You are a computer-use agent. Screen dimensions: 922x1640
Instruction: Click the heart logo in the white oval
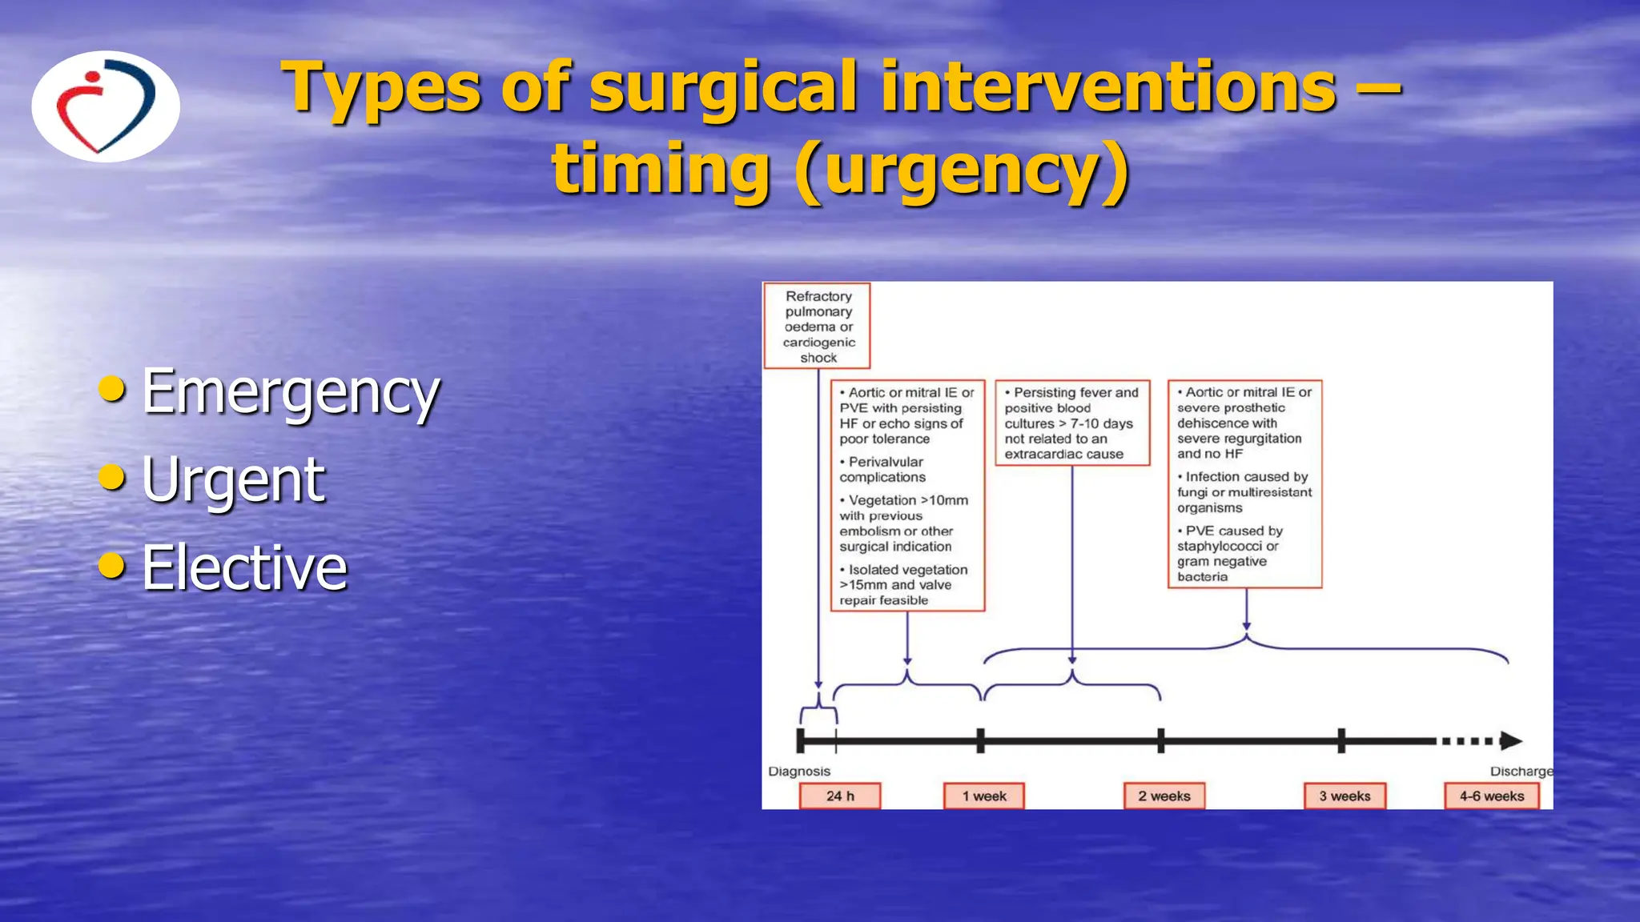click(x=105, y=106)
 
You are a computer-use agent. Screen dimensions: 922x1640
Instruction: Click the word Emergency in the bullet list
click(x=290, y=392)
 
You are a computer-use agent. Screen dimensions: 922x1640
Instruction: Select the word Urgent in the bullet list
click(x=233, y=480)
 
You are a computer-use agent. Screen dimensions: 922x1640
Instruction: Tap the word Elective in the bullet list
click(x=244, y=568)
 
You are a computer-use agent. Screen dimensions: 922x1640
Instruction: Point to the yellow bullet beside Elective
click(x=112, y=565)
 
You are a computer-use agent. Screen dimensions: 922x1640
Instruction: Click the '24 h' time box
click(x=840, y=796)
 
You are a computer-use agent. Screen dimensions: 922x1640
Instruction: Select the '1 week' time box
click(x=984, y=796)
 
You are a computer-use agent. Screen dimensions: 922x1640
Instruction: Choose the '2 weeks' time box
click(x=1164, y=796)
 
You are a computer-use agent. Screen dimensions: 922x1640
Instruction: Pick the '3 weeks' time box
click(x=1345, y=796)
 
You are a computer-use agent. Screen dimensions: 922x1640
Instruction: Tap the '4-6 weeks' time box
click(x=1492, y=796)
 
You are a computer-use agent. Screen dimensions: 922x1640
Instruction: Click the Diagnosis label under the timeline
click(x=799, y=772)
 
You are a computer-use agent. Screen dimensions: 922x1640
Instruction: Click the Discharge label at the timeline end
click(x=1520, y=772)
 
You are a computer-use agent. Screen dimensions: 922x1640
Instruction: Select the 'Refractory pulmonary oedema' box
click(x=818, y=327)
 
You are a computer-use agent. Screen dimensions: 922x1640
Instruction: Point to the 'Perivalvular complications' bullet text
click(x=883, y=470)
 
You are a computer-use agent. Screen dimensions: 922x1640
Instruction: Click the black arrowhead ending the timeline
click(x=1510, y=741)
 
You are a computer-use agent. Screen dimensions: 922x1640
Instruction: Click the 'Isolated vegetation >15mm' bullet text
click(x=903, y=585)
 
